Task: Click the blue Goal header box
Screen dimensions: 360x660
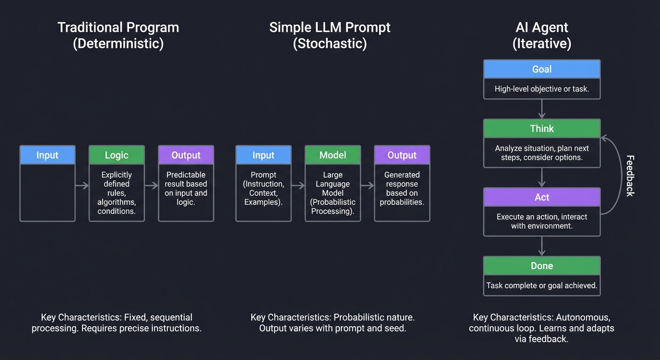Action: pos(542,69)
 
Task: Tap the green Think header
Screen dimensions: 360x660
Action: pos(542,128)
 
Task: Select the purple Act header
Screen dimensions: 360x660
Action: pos(542,197)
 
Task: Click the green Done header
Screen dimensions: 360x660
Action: pos(542,265)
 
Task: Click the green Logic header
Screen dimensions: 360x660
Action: pos(117,155)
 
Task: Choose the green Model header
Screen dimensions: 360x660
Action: pos(333,155)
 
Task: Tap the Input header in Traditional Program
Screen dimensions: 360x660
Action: pos(47,155)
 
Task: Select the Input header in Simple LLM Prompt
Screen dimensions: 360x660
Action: pos(263,155)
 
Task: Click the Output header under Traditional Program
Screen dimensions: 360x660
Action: pos(186,155)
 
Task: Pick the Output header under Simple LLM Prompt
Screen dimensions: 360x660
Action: pos(402,155)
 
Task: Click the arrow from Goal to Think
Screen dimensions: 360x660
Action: pos(542,109)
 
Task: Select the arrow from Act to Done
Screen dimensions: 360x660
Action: pos(542,246)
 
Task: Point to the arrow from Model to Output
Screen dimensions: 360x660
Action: pos(367,186)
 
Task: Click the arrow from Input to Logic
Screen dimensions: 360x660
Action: pos(82,186)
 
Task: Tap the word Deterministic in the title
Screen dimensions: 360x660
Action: pos(118,44)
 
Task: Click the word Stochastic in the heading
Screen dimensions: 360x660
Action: pos(330,44)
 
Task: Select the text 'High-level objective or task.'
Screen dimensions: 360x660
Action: pos(542,89)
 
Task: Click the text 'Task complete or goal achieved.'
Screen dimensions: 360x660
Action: pos(542,285)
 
